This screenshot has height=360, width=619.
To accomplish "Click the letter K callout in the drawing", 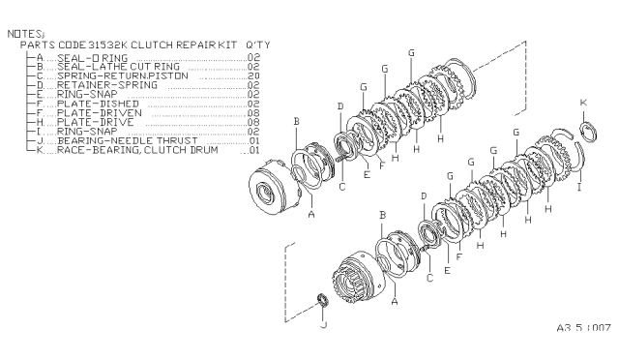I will click(582, 102).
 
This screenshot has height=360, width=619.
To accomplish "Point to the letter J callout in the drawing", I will click(324, 326).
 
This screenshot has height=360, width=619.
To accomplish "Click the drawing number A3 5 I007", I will click(584, 327).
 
